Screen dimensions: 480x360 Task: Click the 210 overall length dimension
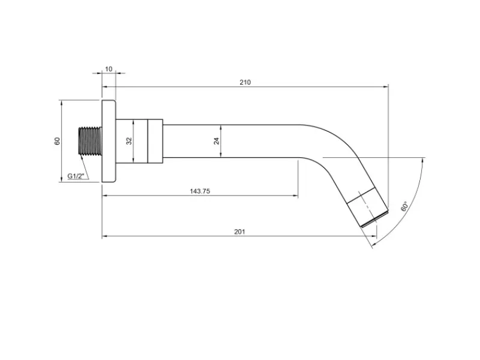(245, 82)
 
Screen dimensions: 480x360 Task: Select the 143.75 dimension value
(200, 191)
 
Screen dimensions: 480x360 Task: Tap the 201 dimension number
(239, 232)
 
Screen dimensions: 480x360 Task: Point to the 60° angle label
(404, 206)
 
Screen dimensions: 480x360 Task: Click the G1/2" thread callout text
(76, 176)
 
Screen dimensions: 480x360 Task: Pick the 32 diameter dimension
(129, 141)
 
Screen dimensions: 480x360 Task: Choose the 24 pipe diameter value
(217, 141)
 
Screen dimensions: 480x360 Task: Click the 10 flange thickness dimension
(109, 69)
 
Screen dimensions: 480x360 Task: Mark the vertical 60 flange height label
(57, 141)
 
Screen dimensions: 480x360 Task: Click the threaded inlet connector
(90, 141)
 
